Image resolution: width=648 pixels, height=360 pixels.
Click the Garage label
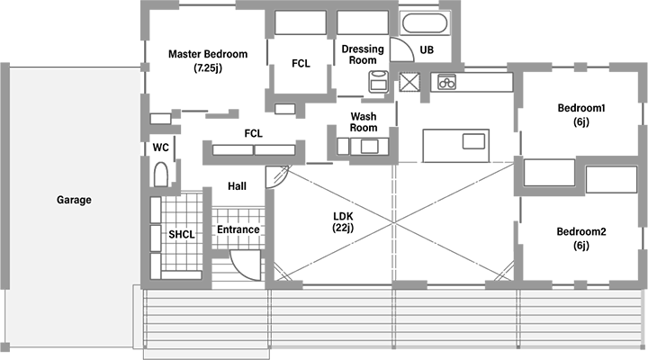pos(74,200)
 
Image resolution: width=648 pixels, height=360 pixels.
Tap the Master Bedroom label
pos(208,60)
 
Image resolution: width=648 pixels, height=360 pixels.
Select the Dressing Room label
pos(362,54)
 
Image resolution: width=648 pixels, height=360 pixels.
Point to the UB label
pos(427,49)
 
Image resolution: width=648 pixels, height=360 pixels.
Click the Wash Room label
pos(363,122)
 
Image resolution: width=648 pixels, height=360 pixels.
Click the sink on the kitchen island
pos(474,140)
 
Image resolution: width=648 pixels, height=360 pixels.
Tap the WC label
pos(161,147)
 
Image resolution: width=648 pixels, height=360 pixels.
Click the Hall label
pos(238,185)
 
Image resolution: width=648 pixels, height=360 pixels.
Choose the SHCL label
pos(182,235)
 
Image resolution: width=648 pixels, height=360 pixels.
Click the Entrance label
pos(238,229)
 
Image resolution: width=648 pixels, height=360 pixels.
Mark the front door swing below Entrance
pos(243,264)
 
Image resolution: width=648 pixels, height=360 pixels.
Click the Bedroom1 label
pos(580,114)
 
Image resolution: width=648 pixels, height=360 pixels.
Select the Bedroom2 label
pos(580,238)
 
